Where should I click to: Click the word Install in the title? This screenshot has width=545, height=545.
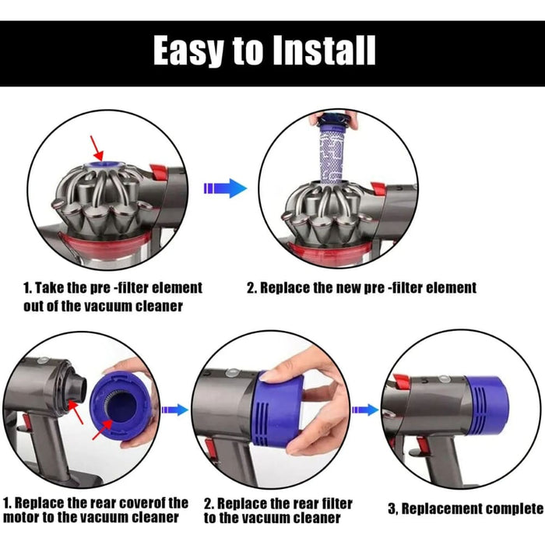(x=324, y=50)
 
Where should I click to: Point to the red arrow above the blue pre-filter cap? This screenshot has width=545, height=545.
(x=97, y=147)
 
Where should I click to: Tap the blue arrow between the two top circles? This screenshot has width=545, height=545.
(x=225, y=188)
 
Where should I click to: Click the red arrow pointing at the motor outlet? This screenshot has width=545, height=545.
(x=76, y=412)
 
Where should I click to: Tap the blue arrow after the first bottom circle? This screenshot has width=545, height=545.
(x=175, y=410)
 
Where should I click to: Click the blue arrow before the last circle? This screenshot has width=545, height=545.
(x=365, y=410)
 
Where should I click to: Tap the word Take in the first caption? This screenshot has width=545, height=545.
(x=48, y=288)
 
